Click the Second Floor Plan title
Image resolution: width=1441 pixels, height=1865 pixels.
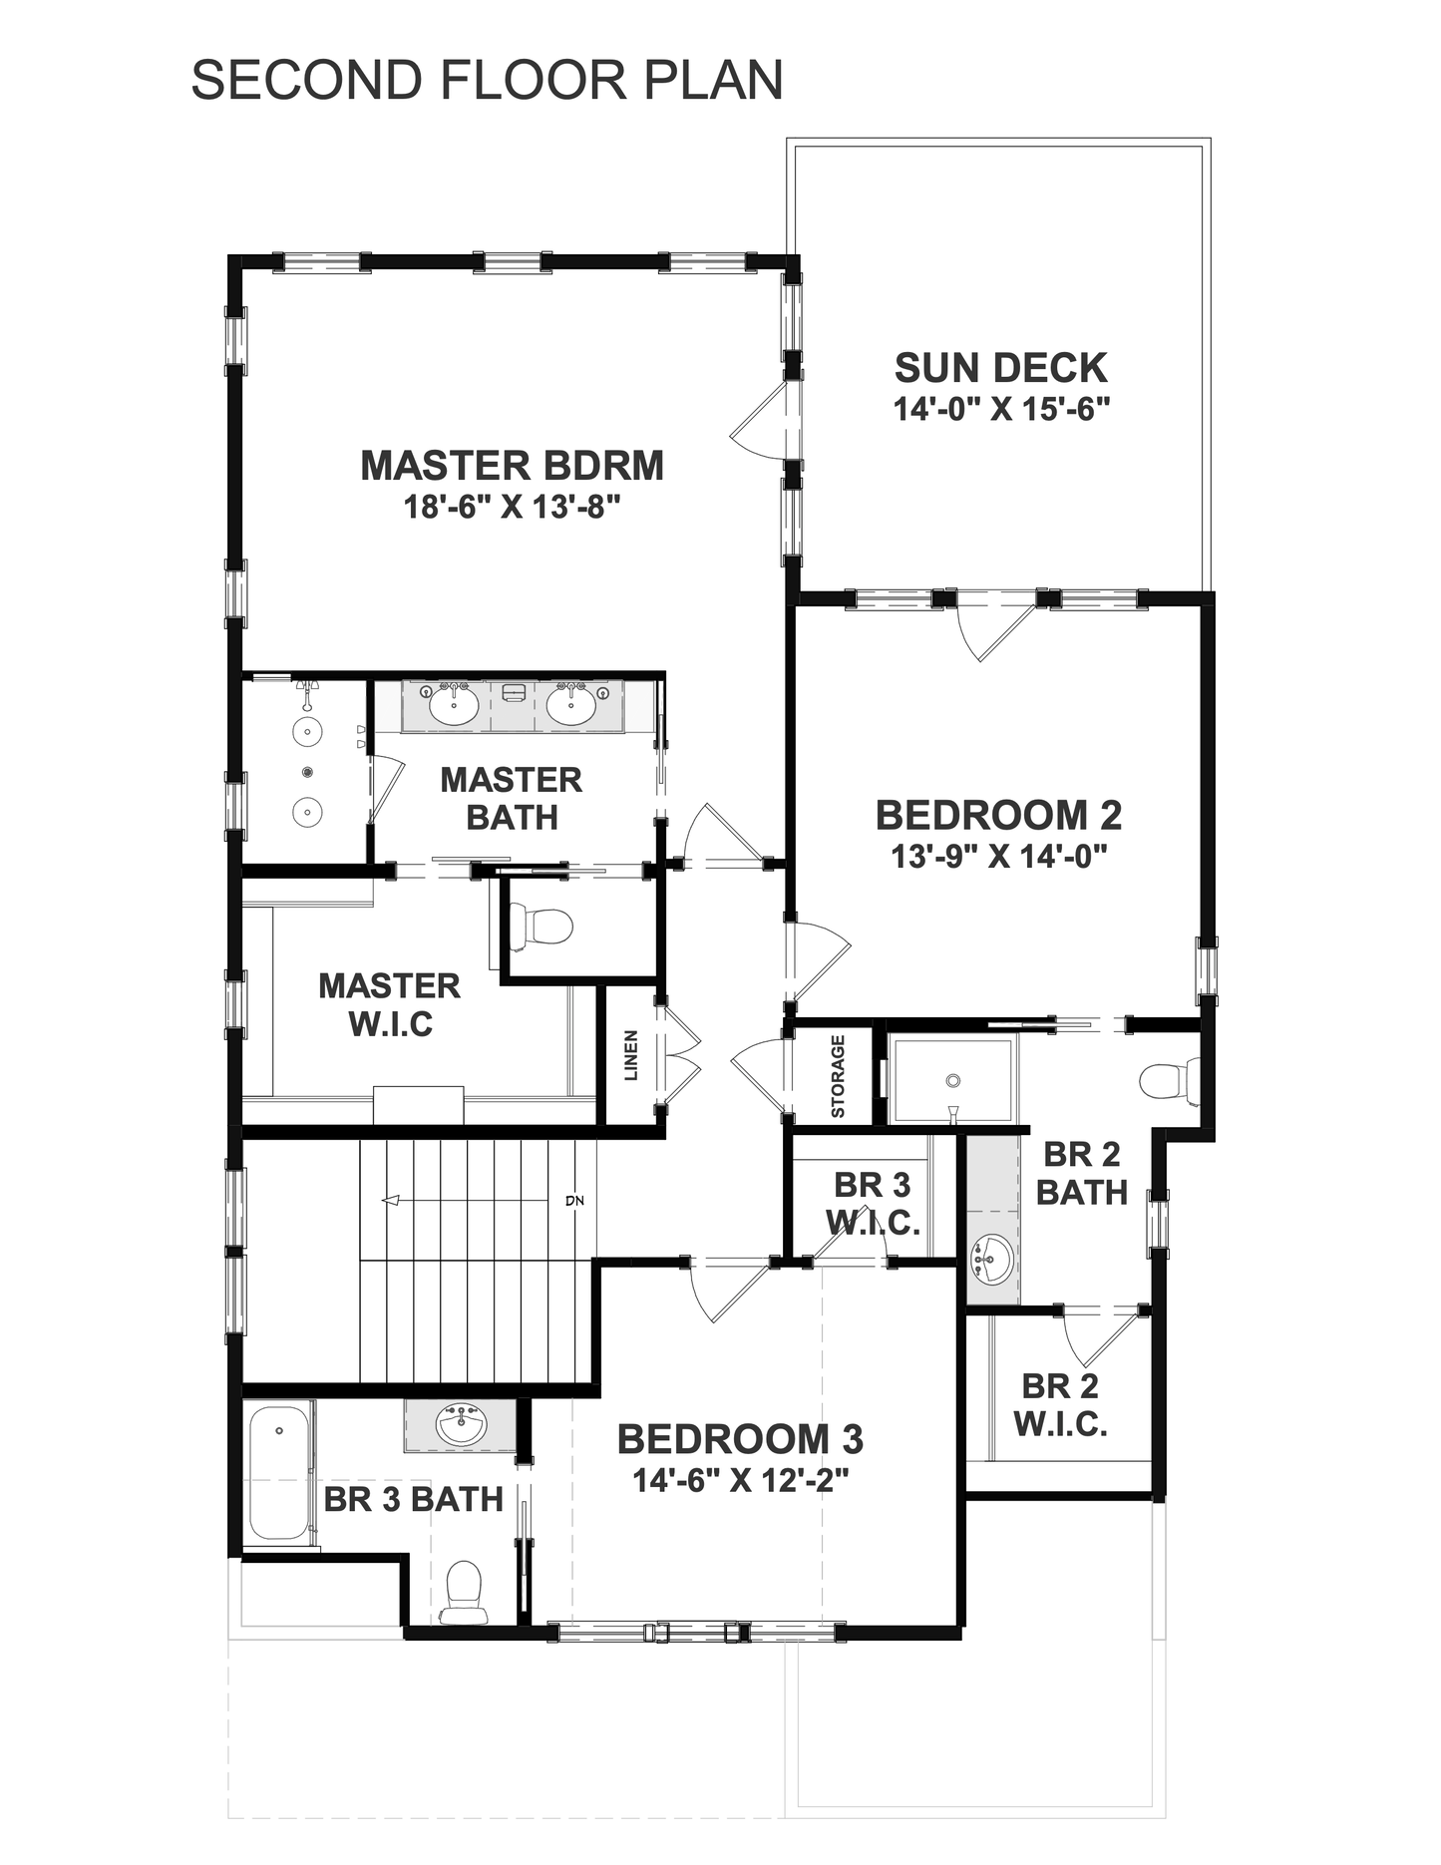click(x=487, y=80)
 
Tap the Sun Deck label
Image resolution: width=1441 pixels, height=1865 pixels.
click(x=1000, y=368)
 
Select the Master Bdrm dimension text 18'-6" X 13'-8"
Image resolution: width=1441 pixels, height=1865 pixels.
click(x=513, y=508)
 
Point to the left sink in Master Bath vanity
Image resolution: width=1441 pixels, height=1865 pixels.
click(x=453, y=705)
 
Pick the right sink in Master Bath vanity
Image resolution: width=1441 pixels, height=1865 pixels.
click(x=571, y=705)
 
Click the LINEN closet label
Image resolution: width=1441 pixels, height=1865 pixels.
click(x=630, y=1056)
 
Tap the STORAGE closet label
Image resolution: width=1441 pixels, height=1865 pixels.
click(x=838, y=1076)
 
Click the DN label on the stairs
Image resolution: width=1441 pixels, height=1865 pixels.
click(x=574, y=1201)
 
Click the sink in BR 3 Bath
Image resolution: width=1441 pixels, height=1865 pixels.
click(x=462, y=1424)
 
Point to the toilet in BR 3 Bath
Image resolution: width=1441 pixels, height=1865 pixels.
click(x=464, y=1592)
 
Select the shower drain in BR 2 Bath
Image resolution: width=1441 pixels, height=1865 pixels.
click(x=953, y=1081)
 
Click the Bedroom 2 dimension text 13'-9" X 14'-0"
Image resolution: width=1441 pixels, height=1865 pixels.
click(x=999, y=857)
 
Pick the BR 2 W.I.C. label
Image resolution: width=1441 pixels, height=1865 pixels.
click(x=1060, y=1405)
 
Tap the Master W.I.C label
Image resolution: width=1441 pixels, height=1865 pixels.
click(x=389, y=1005)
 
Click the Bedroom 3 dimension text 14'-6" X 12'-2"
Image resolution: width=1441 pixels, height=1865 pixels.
click(x=740, y=1481)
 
